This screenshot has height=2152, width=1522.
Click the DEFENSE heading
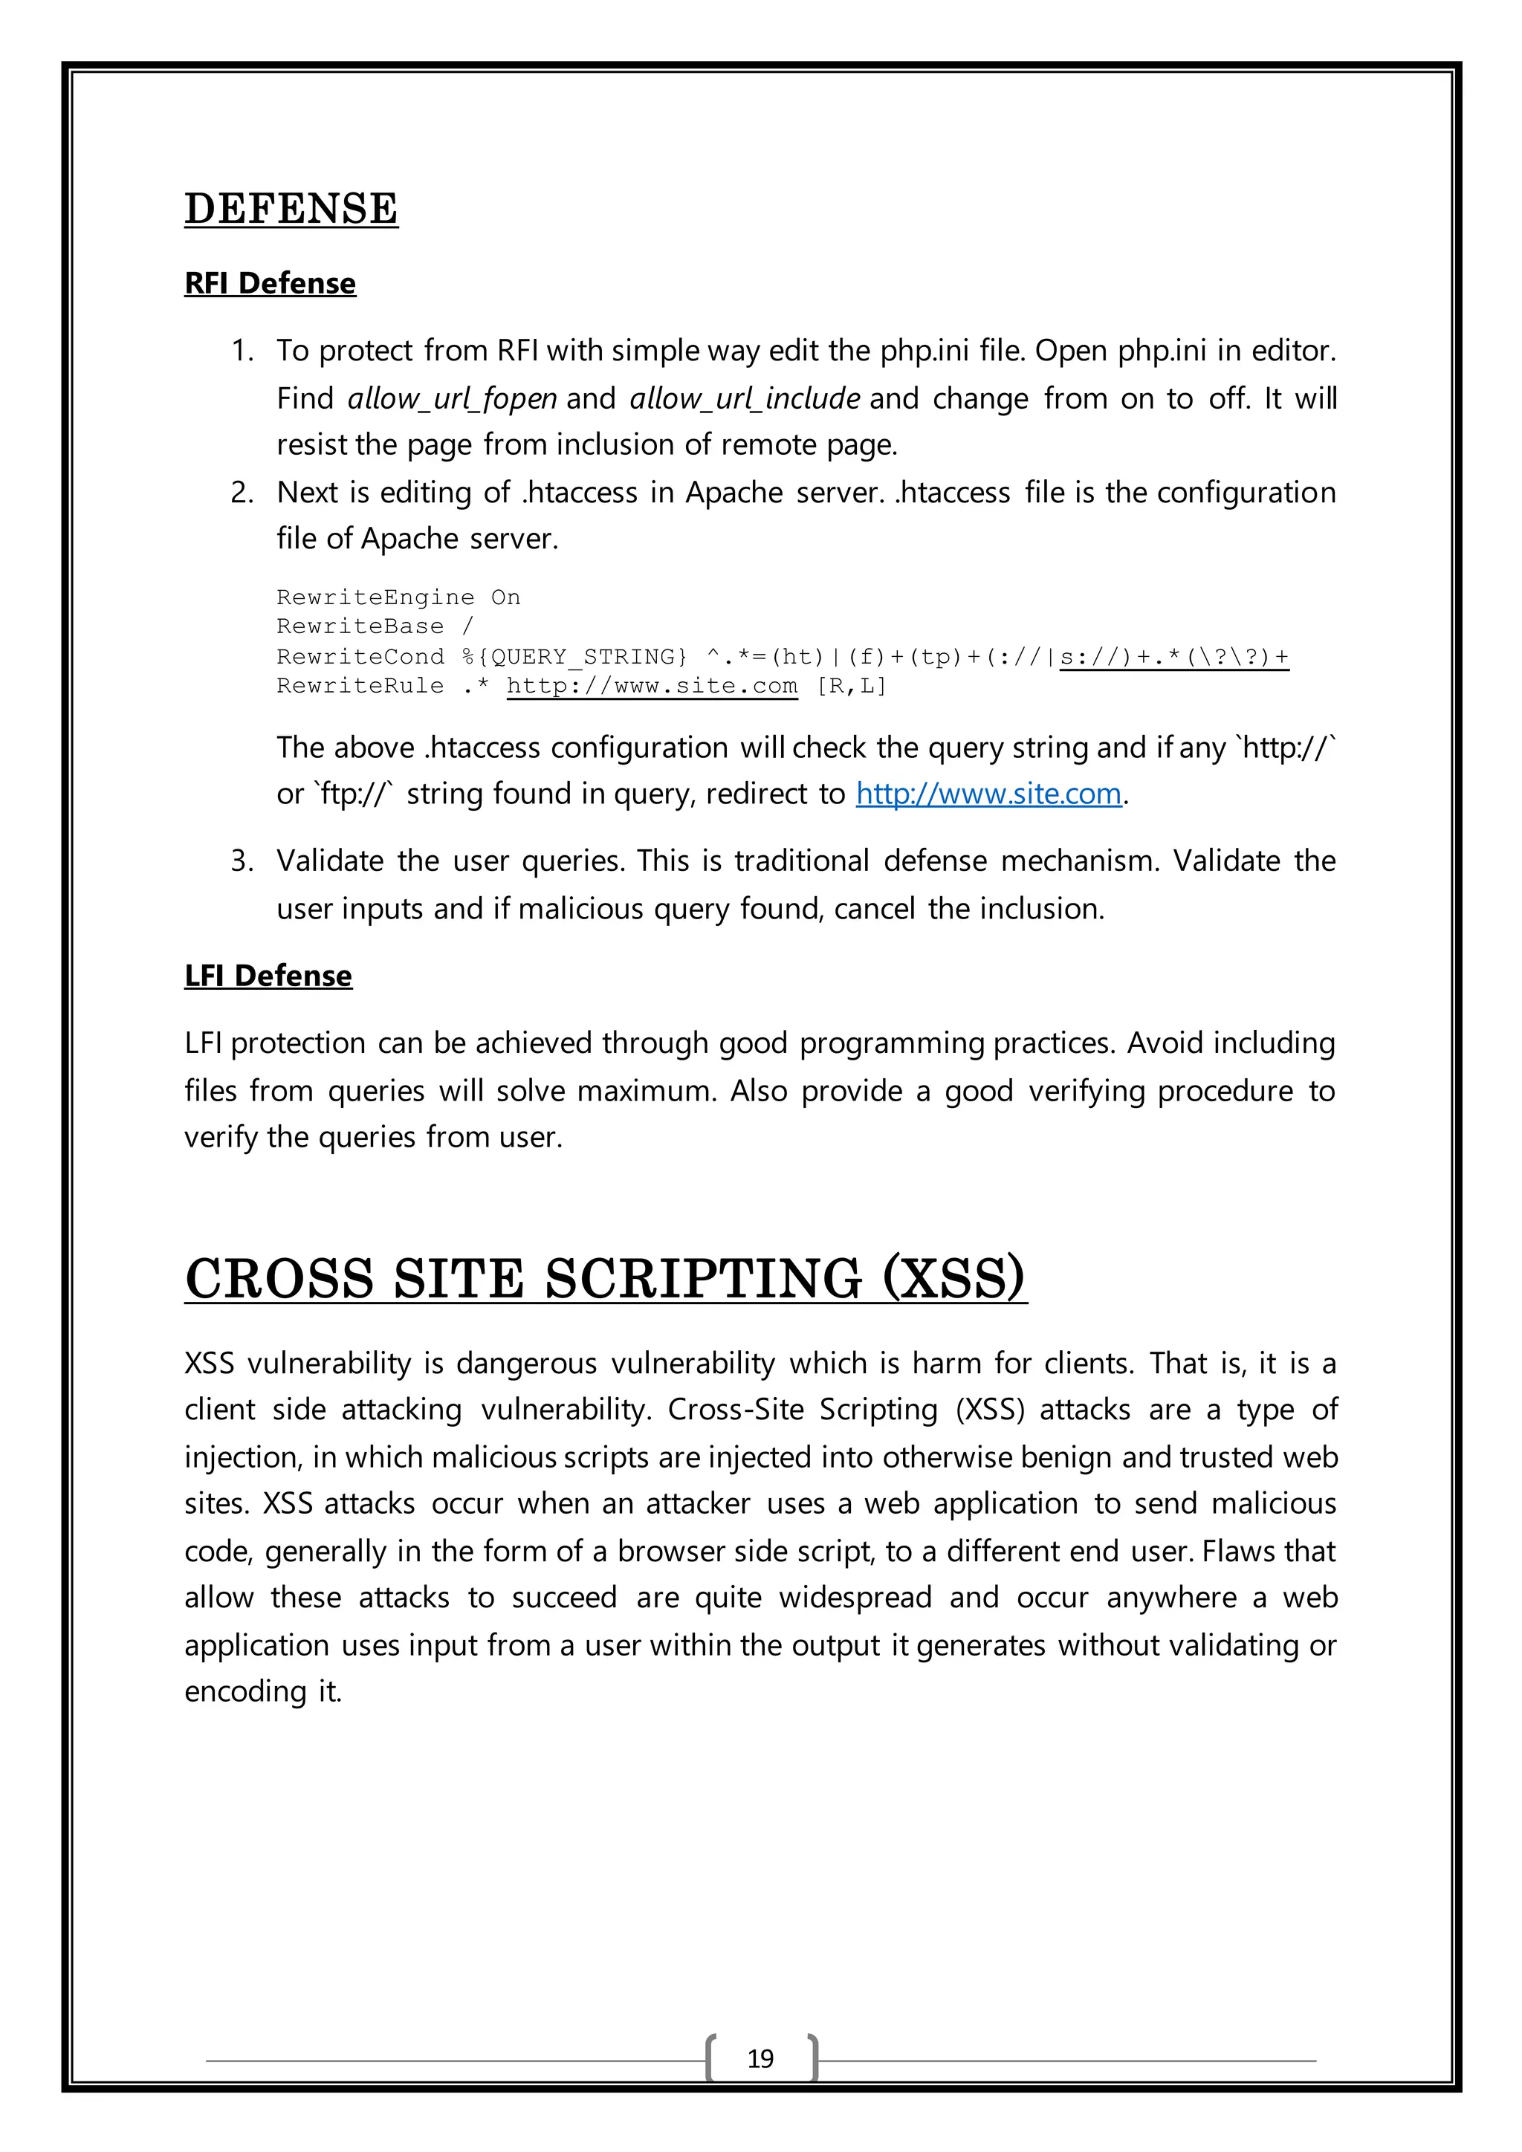[x=291, y=208]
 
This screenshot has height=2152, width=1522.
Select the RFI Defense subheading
[x=270, y=283]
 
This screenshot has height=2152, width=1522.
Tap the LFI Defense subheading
[x=268, y=976]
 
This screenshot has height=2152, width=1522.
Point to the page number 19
[x=760, y=2058]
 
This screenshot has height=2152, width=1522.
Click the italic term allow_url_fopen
[x=452, y=398]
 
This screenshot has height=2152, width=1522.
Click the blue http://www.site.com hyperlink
[x=988, y=794]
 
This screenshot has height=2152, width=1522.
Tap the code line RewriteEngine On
[x=398, y=597]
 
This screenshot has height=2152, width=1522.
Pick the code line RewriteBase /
[x=375, y=626]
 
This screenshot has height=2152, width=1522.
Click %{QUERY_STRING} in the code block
[x=574, y=656]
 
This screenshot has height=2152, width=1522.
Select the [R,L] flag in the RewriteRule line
[x=851, y=686]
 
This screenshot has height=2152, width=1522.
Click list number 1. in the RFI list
[x=242, y=351]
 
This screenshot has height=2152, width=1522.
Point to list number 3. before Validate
[x=242, y=861]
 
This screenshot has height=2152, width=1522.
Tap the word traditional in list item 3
[x=801, y=861]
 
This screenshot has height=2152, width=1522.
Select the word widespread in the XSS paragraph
[x=855, y=1597]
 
